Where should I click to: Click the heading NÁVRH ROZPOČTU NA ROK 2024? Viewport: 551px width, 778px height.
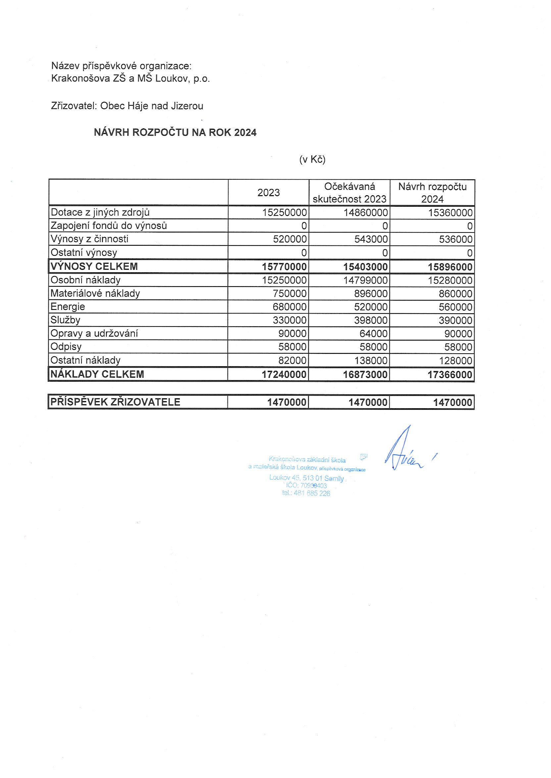pyautogui.click(x=175, y=132)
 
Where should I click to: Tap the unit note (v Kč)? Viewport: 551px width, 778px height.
pyautogui.click(x=312, y=159)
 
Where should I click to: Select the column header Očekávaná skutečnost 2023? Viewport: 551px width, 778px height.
pyautogui.click(x=349, y=193)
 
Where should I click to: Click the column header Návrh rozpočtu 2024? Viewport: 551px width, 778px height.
pyautogui.click(x=432, y=193)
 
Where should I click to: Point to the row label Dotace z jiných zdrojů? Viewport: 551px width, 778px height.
pyautogui.click(x=100, y=212)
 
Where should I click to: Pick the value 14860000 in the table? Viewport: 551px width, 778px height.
pyautogui.click(x=366, y=213)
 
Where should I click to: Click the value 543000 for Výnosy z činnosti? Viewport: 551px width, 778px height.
pyautogui.click(x=371, y=239)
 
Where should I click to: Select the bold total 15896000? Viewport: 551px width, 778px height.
pyautogui.click(x=450, y=267)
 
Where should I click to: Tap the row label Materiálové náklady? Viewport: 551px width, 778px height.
pyautogui.click(x=95, y=293)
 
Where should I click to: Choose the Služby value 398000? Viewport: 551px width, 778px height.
pyautogui.click(x=371, y=320)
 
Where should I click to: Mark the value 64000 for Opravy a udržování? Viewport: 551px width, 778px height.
pyautogui.click(x=374, y=334)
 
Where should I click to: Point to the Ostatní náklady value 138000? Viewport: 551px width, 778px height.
pyautogui.click(x=371, y=361)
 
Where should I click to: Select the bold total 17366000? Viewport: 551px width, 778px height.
pyautogui.click(x=450, y=375)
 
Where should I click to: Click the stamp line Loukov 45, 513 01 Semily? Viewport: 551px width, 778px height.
pyautogui.click(x=306, y=478)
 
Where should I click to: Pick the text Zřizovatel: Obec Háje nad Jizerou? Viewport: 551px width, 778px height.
pyautogui.click(x=127, y=106)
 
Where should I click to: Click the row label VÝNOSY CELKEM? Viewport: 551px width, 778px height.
pyautogui.click(x=94, y=267)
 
